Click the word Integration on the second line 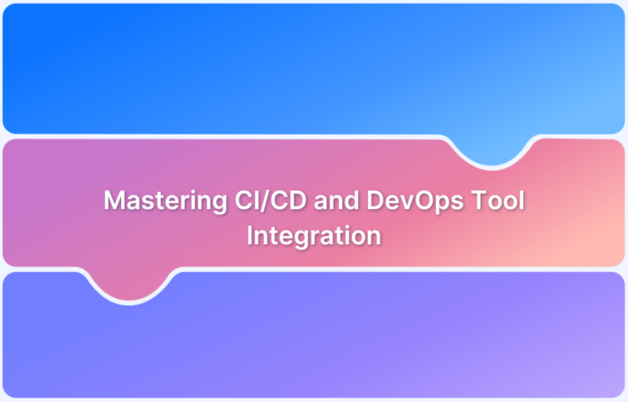314,236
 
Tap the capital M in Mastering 114,202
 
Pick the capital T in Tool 483,202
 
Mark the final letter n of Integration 375,237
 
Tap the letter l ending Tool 522,202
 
